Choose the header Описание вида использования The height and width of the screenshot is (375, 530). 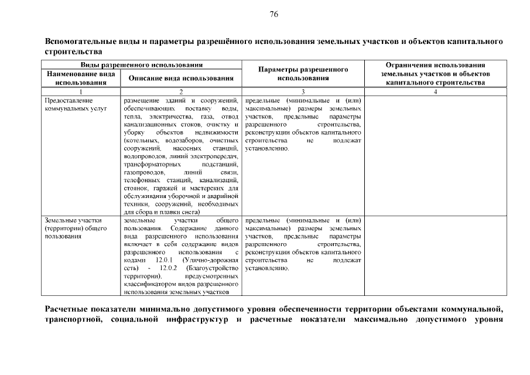[x=181, y=78]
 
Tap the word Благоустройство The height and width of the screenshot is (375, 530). [x=213, y=267]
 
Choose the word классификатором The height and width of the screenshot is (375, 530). [x=150, y=283]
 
